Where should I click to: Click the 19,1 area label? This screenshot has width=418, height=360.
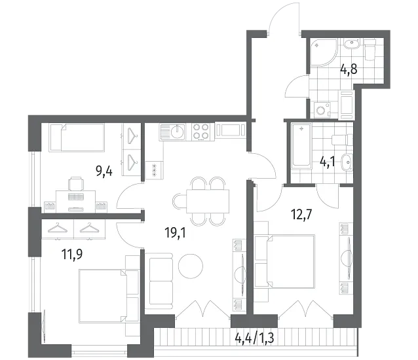[175, 233]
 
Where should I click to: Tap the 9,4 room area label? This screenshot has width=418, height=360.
[104, 171]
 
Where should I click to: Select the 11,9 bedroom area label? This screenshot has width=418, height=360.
[72, 254]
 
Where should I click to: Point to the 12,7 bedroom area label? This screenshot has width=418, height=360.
[301, 214]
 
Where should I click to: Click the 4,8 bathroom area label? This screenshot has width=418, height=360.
[349, 70]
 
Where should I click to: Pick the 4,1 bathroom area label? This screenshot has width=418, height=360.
[328, 162]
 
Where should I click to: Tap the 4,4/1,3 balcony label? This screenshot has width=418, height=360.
[255, 338]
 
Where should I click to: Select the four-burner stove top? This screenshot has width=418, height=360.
[201, 132]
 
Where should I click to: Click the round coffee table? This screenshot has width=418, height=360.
[191, 266]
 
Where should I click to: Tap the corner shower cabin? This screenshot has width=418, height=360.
[324, 52]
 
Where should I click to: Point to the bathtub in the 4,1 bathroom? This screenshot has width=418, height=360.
[301, 146]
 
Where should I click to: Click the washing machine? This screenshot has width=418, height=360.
[322, 110]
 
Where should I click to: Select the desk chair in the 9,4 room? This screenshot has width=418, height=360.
[76, 184]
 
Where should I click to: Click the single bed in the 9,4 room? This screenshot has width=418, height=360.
[76, 137]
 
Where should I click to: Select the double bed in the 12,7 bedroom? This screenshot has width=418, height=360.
[284, 261]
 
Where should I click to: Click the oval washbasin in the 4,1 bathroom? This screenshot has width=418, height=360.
[347, 162]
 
